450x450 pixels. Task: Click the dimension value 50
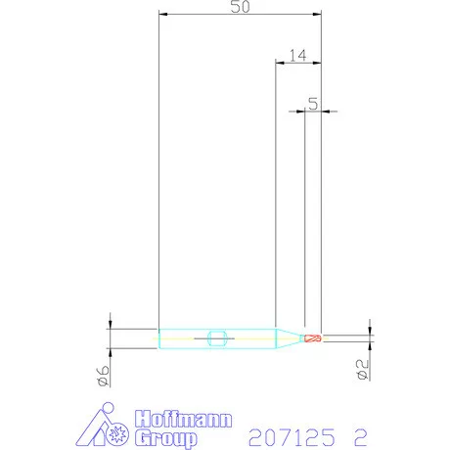pos(241,7)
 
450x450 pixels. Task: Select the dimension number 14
pos(298,56)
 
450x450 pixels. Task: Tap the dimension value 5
pos(313,104)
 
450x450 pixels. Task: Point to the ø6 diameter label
pos(104,376)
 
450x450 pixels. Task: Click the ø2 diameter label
pos(363,370)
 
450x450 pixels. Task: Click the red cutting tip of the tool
pos(313,338)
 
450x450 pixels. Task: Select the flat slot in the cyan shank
pos(217,338)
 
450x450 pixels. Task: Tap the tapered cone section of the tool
pos(289,338)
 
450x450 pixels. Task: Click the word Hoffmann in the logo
pos(184,419)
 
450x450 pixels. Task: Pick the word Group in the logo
pos(166,438)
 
